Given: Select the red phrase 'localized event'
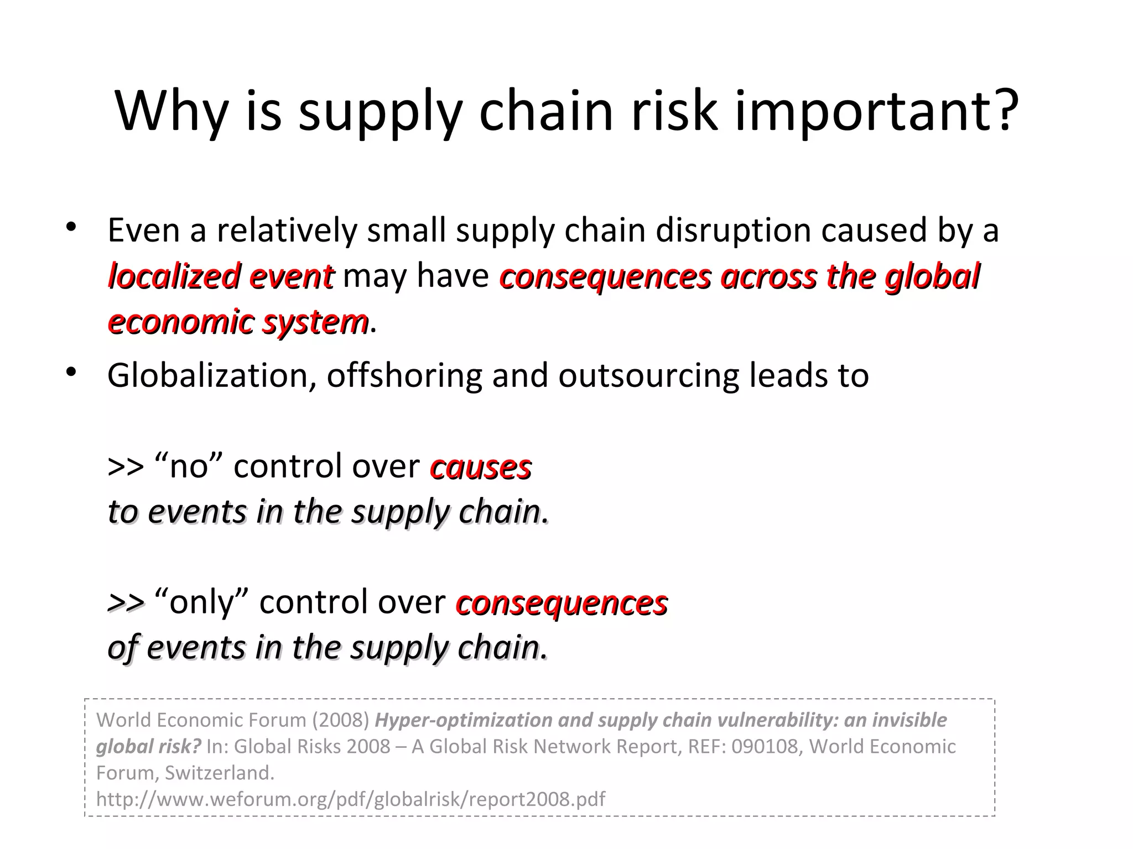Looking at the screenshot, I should tap(221, 276).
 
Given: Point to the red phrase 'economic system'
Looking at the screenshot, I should tap(238, 322).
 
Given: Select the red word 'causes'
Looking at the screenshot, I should tap(480, 467).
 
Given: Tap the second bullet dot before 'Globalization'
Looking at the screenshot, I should tap(70, 373).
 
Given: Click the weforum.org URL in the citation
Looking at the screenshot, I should tap(351, 799).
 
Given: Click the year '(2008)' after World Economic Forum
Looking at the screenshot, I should tap(340, 720).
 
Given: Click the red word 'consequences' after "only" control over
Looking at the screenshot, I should tap(562, 602).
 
